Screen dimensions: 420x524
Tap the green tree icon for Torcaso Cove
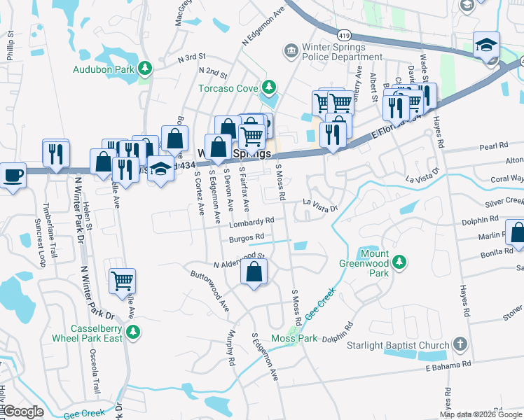[x=266, y=87]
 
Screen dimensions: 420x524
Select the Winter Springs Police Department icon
[x=290, y=50]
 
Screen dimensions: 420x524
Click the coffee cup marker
[x=12, y=174]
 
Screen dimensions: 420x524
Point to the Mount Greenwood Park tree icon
[x=399, y=262]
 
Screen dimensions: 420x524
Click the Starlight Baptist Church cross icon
[x=459, y=344]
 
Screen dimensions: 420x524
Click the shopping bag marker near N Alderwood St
[x=254, y=272]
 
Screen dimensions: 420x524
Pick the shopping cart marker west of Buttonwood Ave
[x=122, y=281]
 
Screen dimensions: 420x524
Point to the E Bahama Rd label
[x=448, y=365]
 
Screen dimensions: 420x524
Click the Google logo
[x=23, y=412]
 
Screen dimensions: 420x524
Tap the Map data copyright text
[x=481, y=414]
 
